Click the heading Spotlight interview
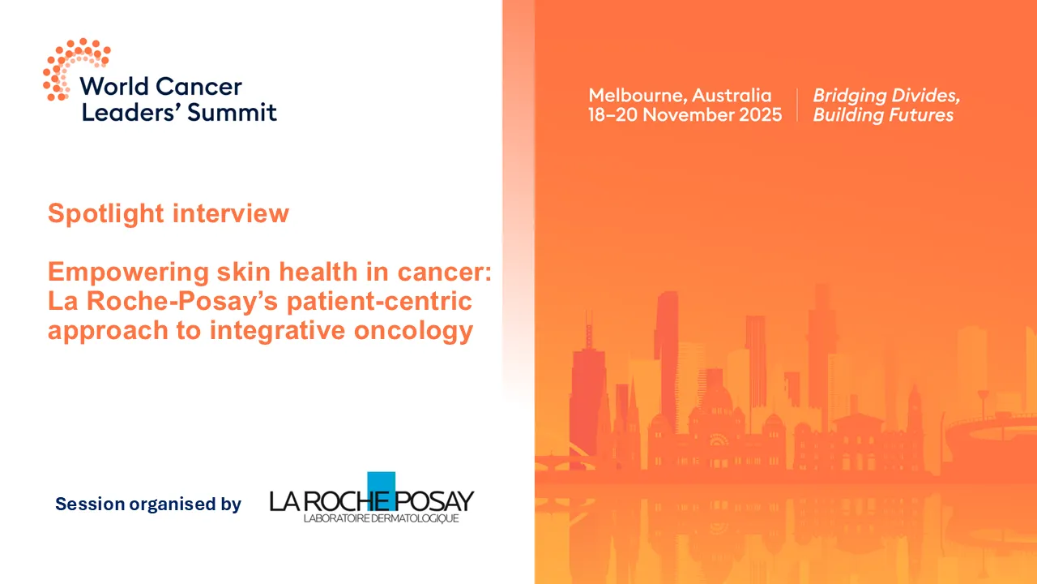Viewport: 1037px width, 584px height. (x=169, y=213)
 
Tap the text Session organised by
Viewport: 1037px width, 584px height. (x=148, y=505)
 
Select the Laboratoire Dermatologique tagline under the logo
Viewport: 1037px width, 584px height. (x=381, y=518)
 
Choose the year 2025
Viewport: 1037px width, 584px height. (x=759, y=115)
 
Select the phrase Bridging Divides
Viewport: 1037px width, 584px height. (x=886, y=96)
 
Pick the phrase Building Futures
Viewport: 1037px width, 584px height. (x=883, y=115)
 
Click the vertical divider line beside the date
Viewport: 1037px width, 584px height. (x=797, y=105)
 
